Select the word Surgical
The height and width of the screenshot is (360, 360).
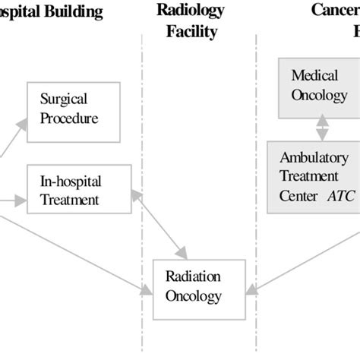64,99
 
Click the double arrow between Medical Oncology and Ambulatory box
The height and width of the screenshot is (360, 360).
322,126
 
